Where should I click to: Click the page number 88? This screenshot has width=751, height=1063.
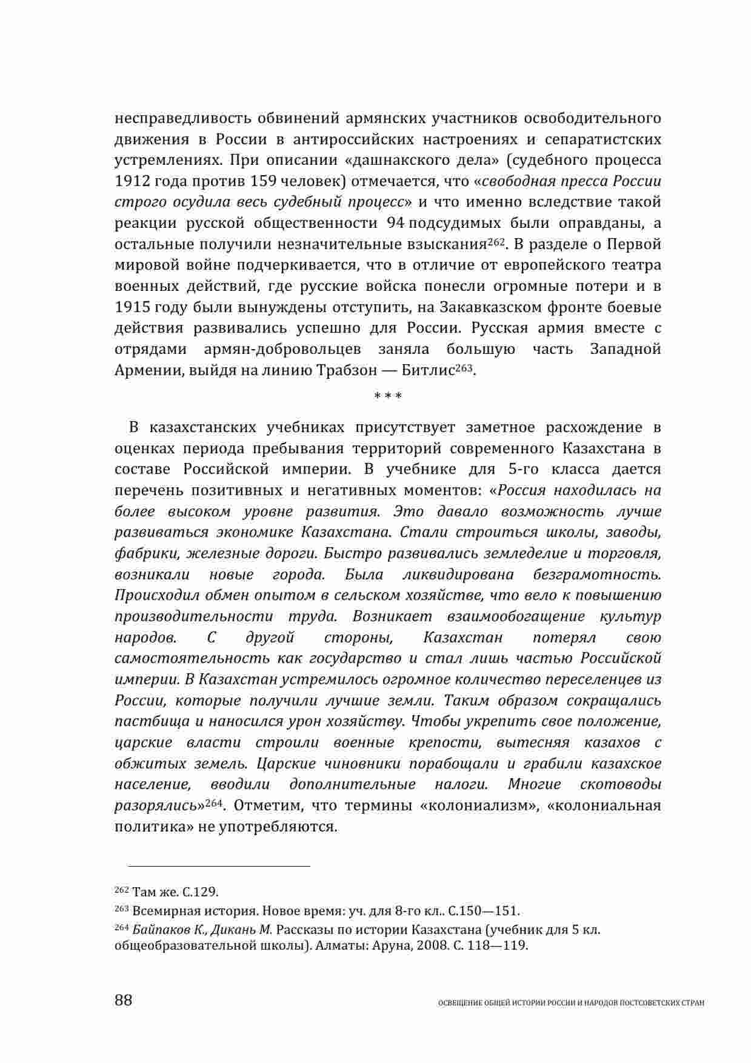click(x=123, y=1000)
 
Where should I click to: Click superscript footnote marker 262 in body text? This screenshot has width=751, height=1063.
click(x=496, y=241)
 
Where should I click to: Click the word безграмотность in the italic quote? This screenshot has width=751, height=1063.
click(x=596, y=574)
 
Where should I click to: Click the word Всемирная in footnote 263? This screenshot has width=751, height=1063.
click(x=159, y=911)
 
